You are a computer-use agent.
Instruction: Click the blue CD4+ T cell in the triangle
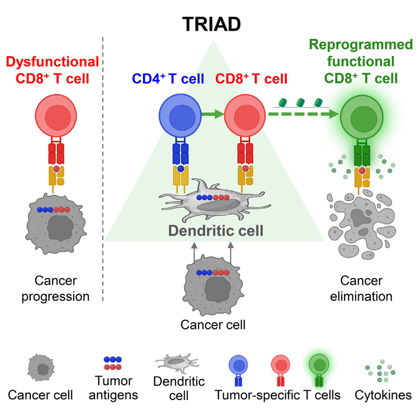tap(179, 115)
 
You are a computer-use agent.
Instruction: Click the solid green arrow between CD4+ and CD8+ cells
tap(212, 114)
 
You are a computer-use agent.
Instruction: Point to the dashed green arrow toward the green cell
tap(303, 114)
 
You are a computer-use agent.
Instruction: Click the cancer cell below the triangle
tap(213, 287)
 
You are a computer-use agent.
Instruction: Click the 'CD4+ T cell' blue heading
tap(168, 79)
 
